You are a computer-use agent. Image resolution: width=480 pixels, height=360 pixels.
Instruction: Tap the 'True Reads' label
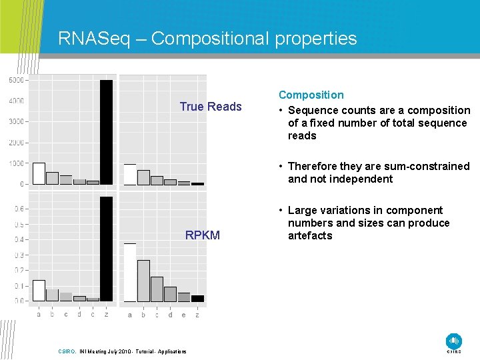coord(211,107)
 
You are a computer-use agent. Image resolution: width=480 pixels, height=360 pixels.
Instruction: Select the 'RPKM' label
coord(203,235)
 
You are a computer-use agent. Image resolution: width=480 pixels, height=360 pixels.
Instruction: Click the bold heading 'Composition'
coord(311,95)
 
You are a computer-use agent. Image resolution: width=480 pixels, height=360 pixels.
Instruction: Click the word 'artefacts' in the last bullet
coord(310,235)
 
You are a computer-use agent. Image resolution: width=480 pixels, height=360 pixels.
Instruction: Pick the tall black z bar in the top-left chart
coord(106,132)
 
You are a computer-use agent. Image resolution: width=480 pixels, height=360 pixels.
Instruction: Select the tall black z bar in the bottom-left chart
coord(106,249)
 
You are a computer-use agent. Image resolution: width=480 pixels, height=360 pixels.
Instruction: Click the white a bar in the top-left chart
coord(39,173)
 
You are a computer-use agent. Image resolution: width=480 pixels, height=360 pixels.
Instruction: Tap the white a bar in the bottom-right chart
coord(130,272)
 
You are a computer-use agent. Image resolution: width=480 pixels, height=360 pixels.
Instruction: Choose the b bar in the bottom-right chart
coord(143,281)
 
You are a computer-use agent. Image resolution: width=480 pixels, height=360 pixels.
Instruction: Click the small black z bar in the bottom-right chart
coord(197,298)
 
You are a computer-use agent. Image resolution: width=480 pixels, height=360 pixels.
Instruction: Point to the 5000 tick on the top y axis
coord(17,80)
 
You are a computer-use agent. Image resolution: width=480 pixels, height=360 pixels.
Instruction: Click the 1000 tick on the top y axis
coord(17,163)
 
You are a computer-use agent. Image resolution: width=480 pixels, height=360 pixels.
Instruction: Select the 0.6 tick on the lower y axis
coord(19,209)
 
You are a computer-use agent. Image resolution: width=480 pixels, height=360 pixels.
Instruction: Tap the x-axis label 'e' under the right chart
coord(184,315)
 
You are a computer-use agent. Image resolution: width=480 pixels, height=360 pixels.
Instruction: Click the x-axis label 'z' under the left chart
coord(106,315)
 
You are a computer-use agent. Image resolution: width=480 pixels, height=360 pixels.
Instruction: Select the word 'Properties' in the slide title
coord(314,39)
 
